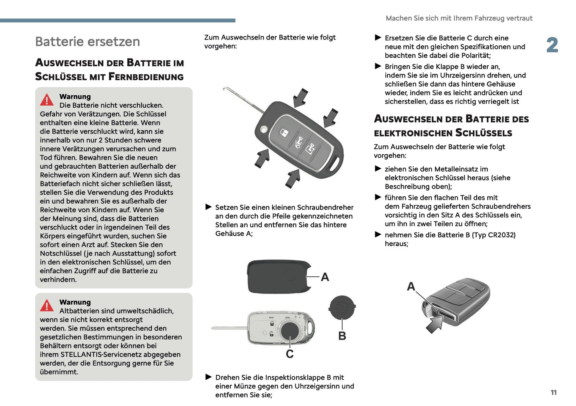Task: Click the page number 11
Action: (x=554, y=392)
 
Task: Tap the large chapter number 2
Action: (x=552, y=45)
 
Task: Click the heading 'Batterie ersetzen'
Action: (x=87, y=42)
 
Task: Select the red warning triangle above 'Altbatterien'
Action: (x=47, y=305)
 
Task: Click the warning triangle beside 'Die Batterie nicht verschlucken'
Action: (x=47, y=100)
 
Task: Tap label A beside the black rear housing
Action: (x=325, y=277)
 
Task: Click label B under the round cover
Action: (x=342, y=336)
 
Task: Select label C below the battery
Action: (x=289, y=354)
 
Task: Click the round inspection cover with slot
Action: (x=342, y=307)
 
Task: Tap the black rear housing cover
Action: (x=279, y=277)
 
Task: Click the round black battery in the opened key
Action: (x=290, y=331)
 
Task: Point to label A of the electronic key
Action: (x=411, y=286)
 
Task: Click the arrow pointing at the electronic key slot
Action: (x=434, y=325)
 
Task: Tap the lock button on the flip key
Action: (x=284, y=132)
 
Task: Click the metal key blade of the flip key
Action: (x=243, y=100)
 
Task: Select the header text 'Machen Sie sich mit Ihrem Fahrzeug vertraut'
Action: (x=459, y=18)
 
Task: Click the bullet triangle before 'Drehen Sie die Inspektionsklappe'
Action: (x=208, y=377)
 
